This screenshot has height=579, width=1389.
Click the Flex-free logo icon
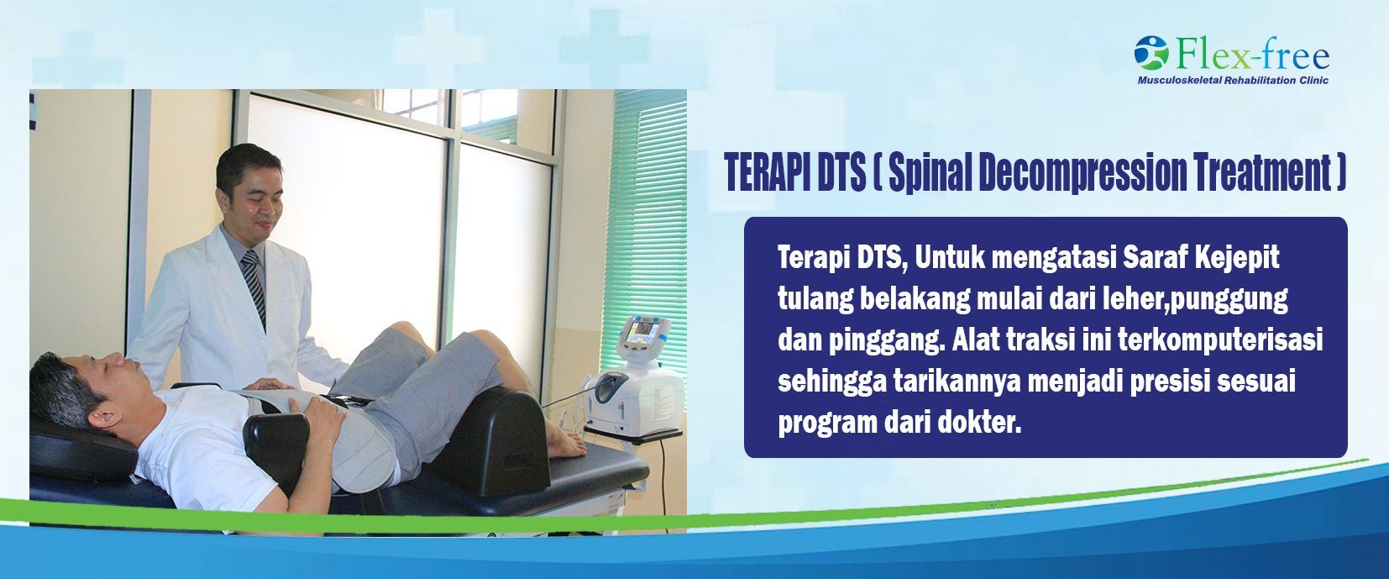tap(1151, 52)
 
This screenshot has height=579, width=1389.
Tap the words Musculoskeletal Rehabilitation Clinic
tap(1233, 80)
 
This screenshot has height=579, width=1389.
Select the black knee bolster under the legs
tap(493, 440)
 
